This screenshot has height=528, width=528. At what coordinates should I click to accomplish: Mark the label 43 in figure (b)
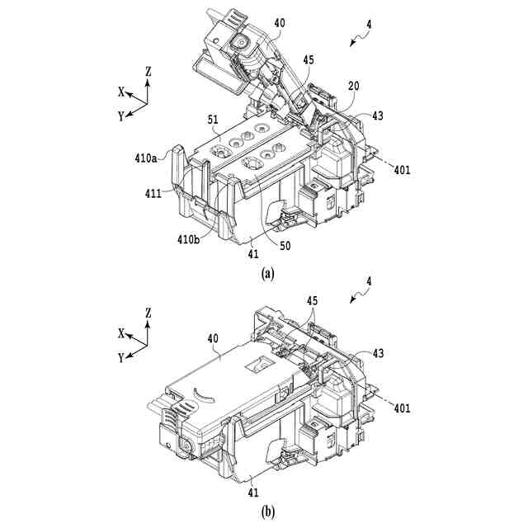coord(378,353)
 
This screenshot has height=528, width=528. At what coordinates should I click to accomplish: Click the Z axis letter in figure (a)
coord(148,72)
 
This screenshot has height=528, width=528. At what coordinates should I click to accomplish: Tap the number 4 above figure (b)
coord(369,281)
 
